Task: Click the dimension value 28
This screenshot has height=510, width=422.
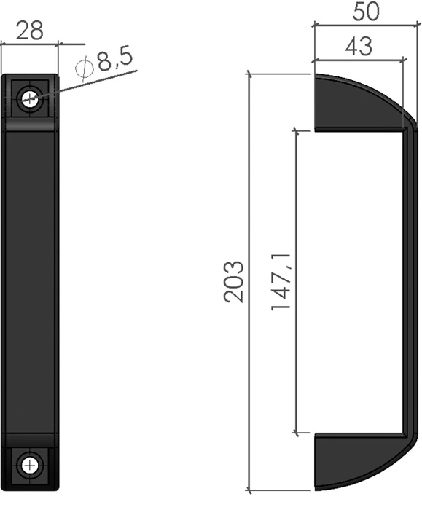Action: tap(29, 31)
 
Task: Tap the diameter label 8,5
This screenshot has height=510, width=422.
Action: tap(115, 58)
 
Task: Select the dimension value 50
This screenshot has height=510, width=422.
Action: tap(366, 12)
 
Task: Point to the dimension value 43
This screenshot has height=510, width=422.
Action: tap(359, 47)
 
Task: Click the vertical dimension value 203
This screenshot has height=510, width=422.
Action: tap(234, 282)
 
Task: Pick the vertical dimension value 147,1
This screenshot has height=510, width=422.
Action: tap(281, 282)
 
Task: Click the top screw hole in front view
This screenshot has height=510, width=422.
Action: tap(30, 98)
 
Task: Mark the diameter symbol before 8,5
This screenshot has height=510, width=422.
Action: tap(85, 68)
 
